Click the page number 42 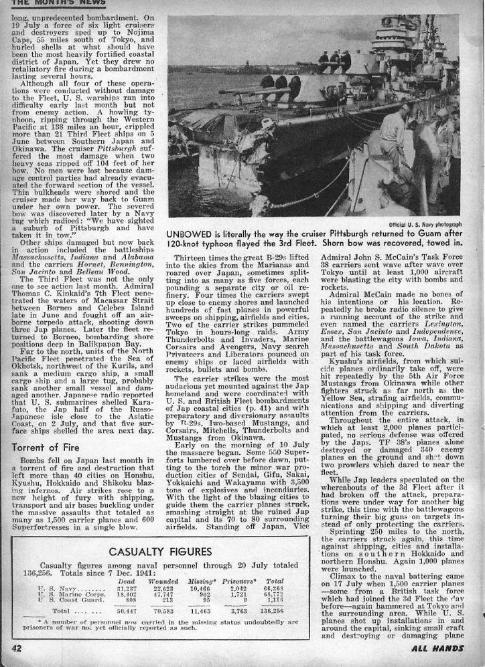coord(16,648)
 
